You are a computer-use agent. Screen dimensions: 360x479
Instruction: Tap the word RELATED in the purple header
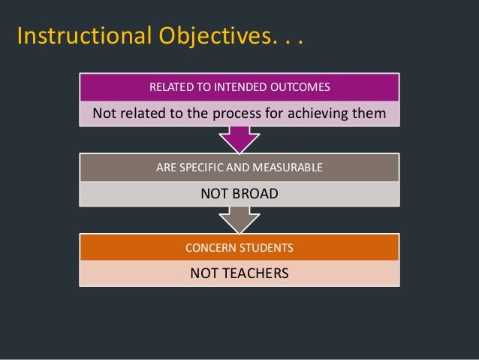[171, 88]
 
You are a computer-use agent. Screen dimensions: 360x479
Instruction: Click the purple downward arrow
[239, 139]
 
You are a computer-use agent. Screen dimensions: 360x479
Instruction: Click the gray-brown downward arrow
[239, 219]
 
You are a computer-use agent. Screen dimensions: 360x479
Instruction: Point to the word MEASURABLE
[289, 168]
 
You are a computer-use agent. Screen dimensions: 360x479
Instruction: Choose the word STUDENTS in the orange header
[266, 247]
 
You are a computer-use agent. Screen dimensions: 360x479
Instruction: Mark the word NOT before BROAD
[212, 194]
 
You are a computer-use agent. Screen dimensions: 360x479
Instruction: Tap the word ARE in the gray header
[164, 168]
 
